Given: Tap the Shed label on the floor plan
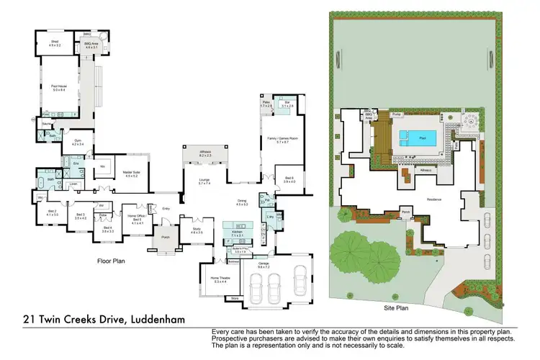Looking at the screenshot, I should pos(54,44).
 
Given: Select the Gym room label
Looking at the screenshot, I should pos(77,143).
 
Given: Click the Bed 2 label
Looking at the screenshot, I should pos(52,213).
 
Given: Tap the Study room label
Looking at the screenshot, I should pos(197,231).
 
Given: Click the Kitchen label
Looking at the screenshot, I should pos(238,235).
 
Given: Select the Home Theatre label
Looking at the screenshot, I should pos(220,279).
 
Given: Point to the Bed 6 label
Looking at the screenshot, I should pos(289,180).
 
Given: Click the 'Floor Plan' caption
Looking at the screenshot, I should pos(112,262).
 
